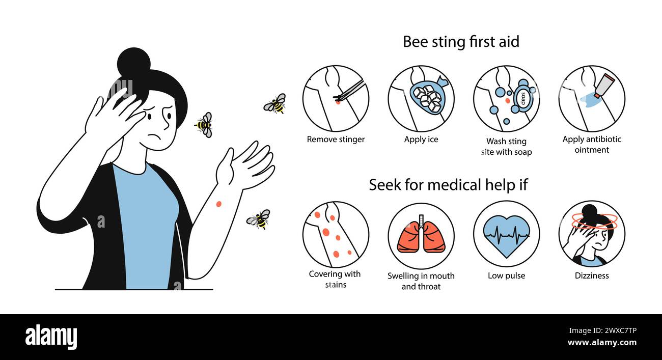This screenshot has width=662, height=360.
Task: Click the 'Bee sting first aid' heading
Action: pyautogui.click(x=461, y=42)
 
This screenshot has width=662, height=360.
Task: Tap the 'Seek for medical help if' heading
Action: pyautogui.click(x=448, y=185)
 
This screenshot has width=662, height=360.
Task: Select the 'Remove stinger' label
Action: pyautogui.click(x=336, y=140)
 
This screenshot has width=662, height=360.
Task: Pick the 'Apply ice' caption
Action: pyautogui.click(x=421, y=140)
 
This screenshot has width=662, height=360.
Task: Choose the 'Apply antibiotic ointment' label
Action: pyautogui.click(x=592, y=145)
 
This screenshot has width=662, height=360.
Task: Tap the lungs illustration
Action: pyautogui.click(x=421, y=235)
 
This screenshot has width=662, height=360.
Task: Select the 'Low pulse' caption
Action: pyautogui.click(x=506, y=275)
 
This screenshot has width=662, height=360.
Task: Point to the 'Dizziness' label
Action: pyautogui.click(x=592, y=275)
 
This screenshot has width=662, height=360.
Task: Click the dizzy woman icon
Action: pyautogui.click(x=591, y=234)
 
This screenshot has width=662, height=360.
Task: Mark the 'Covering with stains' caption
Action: pyautogui.click(x=335, y=279)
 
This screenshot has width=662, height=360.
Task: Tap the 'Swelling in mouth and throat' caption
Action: pyautogui.click(x=421, y=281)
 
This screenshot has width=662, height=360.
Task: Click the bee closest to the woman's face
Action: pyautogui.click(x=204, y=124)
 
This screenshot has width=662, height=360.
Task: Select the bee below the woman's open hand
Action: pyautogui.click(x=259, y=219)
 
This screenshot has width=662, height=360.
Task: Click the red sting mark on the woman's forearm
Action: pyautogui.click(x=218, y=204)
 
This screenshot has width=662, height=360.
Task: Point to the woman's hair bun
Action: pyautogui.click(x=133, y=62)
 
